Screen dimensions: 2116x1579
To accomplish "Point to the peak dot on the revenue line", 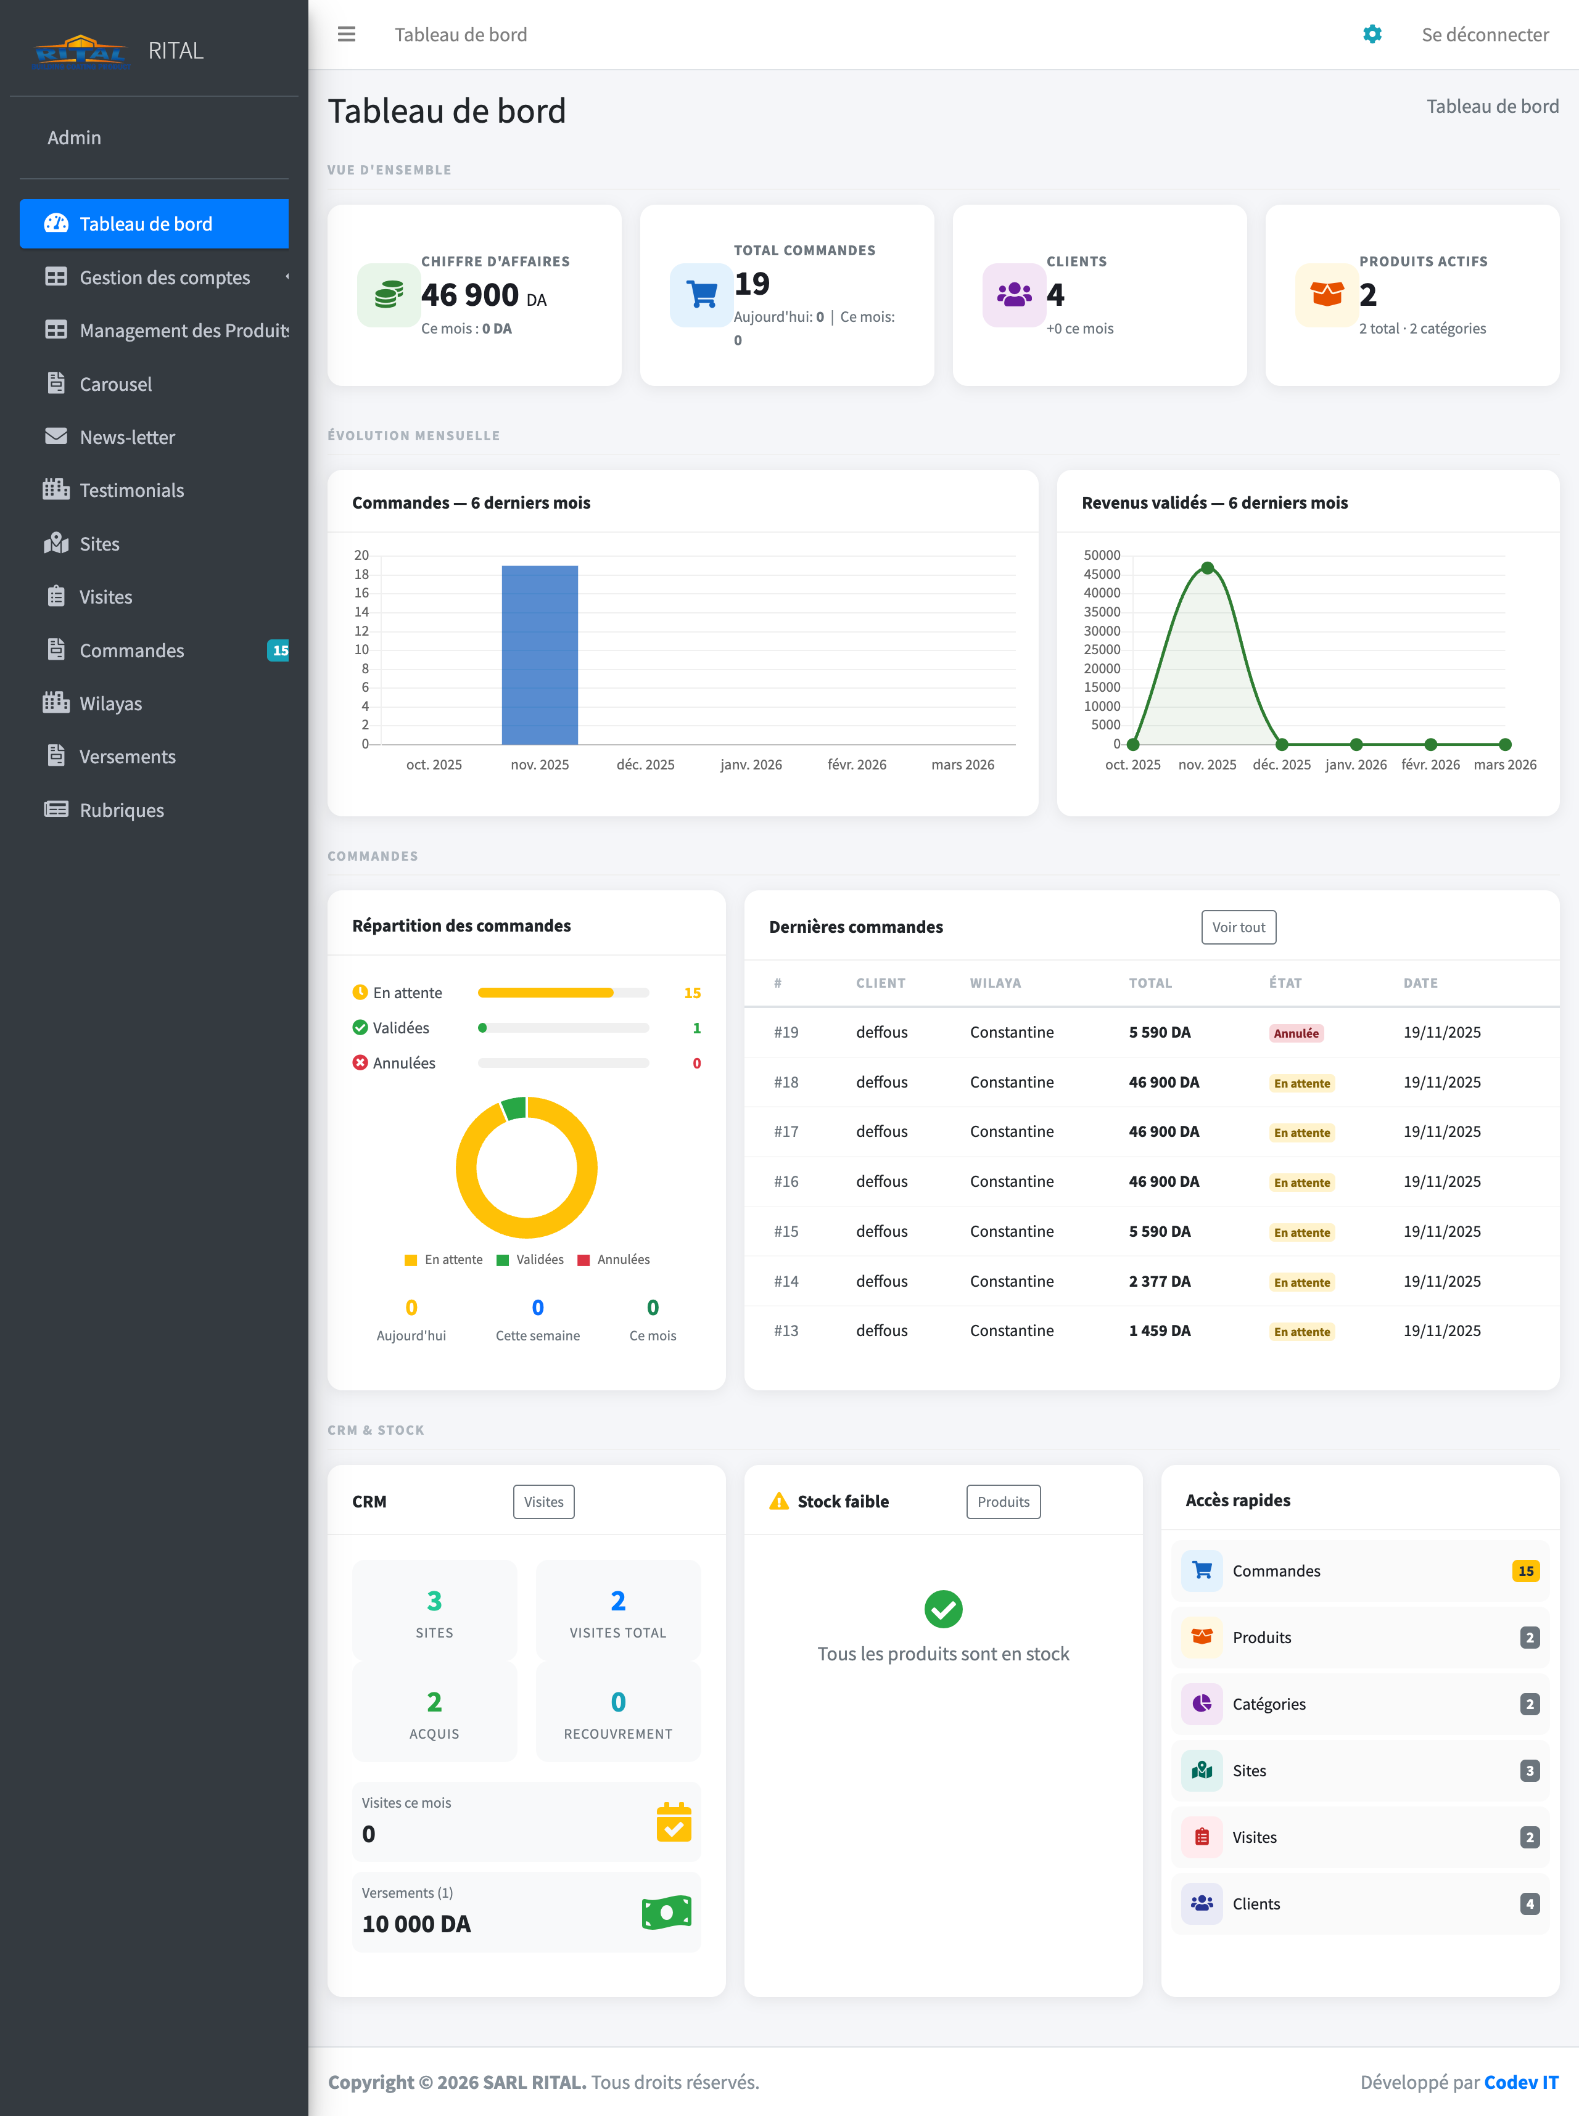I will [x=1207, y=568].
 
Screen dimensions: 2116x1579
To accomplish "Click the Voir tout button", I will [x=1238, y=927].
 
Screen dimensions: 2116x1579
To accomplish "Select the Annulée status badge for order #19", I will [x=1295, y=1033].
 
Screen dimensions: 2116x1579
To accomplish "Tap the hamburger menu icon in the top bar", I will [x=346, y=35].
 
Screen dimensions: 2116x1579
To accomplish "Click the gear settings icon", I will [x=1372, y=35].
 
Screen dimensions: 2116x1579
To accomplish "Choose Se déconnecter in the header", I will [x=1485, y=35].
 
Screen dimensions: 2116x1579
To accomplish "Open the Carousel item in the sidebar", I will [x=116, y=384].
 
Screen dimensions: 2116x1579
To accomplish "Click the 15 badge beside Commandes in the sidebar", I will [x=279, y=650].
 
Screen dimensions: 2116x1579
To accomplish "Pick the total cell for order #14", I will [x=1160, y=1281].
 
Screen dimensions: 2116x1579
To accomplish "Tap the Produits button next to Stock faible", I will [x=1003, y=1502].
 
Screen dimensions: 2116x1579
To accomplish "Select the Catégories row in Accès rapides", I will [x=1359, y=1704].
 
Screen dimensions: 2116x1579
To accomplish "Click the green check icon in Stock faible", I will [x=942, y=1610].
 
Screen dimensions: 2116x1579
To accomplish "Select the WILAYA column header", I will [x=995, y=983].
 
